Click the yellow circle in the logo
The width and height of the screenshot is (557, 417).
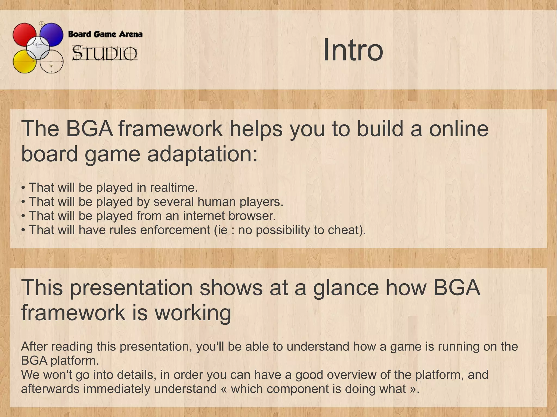pos(23,63)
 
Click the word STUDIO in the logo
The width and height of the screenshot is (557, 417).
pos(104,54)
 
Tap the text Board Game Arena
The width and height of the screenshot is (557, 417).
pos(105,34)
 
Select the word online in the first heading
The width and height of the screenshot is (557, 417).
pos(459,129)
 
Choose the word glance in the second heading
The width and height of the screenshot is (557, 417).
pos(346,288)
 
